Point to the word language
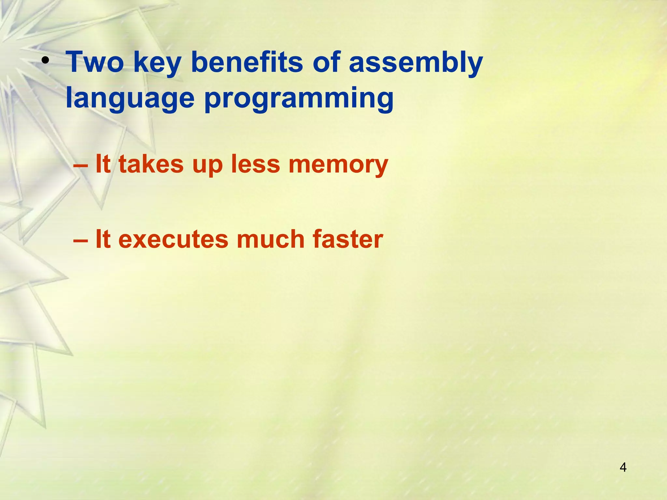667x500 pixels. [130, 99]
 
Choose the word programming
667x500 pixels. [299, 99]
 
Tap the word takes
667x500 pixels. [151, 164]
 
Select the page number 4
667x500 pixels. [623, 467]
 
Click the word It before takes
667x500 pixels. [103, 164]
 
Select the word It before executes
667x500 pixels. [103, 239]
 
